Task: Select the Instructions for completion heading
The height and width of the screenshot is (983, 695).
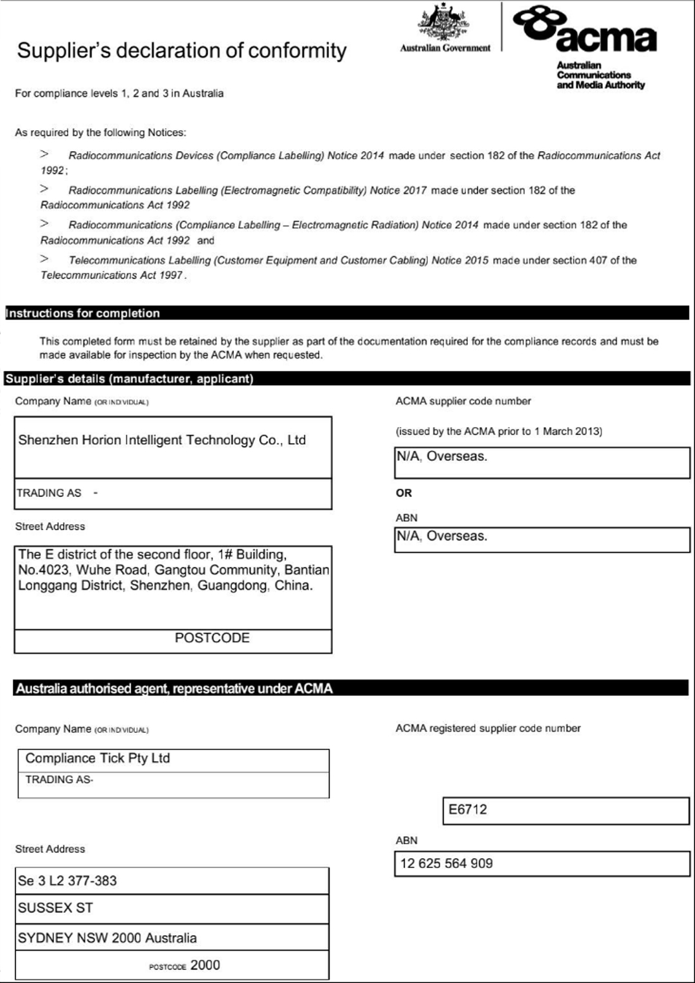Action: click(83, 313)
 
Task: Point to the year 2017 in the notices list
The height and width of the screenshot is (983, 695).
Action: click(415, 190)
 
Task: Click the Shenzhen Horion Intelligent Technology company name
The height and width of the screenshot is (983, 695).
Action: click(162, 440)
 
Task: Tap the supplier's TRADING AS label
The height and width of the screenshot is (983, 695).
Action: click(49, 493)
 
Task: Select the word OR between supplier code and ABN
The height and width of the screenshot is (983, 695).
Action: click(404, 493)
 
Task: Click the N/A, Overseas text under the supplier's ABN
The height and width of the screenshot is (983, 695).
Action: click(442, 536)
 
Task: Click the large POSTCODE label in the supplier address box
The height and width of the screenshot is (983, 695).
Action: click(212, 638)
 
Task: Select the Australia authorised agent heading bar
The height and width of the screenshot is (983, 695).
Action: click(174, 689)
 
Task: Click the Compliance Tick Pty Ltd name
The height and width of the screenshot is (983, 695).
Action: click(98, 758)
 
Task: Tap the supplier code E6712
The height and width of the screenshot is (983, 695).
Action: click(468, 809)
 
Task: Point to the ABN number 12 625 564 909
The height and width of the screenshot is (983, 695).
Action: click(446, 863)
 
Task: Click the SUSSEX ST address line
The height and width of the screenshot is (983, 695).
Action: click(55, 907)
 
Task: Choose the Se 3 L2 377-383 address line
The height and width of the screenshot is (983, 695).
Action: click(68, 880)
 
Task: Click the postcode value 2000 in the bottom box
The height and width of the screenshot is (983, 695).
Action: click(205, 965)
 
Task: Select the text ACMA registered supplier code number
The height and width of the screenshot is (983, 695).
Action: click(488, 728)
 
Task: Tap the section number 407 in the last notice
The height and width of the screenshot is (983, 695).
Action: click(598, 260)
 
